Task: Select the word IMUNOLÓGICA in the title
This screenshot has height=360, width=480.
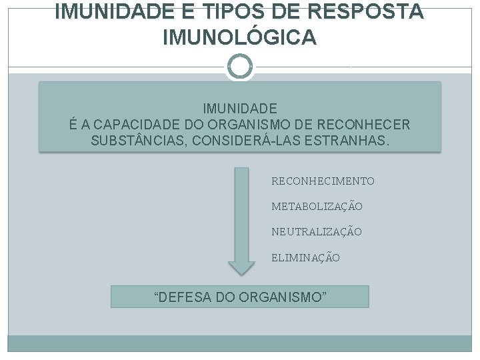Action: [240, 38]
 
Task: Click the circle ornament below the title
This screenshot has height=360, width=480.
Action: [240, 67]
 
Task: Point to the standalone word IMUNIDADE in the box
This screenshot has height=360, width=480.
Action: [240, 108]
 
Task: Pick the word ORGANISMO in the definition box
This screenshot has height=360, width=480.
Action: [250, 125]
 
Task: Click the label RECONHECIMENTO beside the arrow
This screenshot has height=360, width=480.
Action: [323, 181]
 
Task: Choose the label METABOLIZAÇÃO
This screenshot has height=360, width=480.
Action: [317, 207]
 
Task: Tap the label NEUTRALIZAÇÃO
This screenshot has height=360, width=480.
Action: [317, 232]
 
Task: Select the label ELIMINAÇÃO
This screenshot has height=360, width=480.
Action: [305, 257]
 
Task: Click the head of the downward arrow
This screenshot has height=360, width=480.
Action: [241, 267]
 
